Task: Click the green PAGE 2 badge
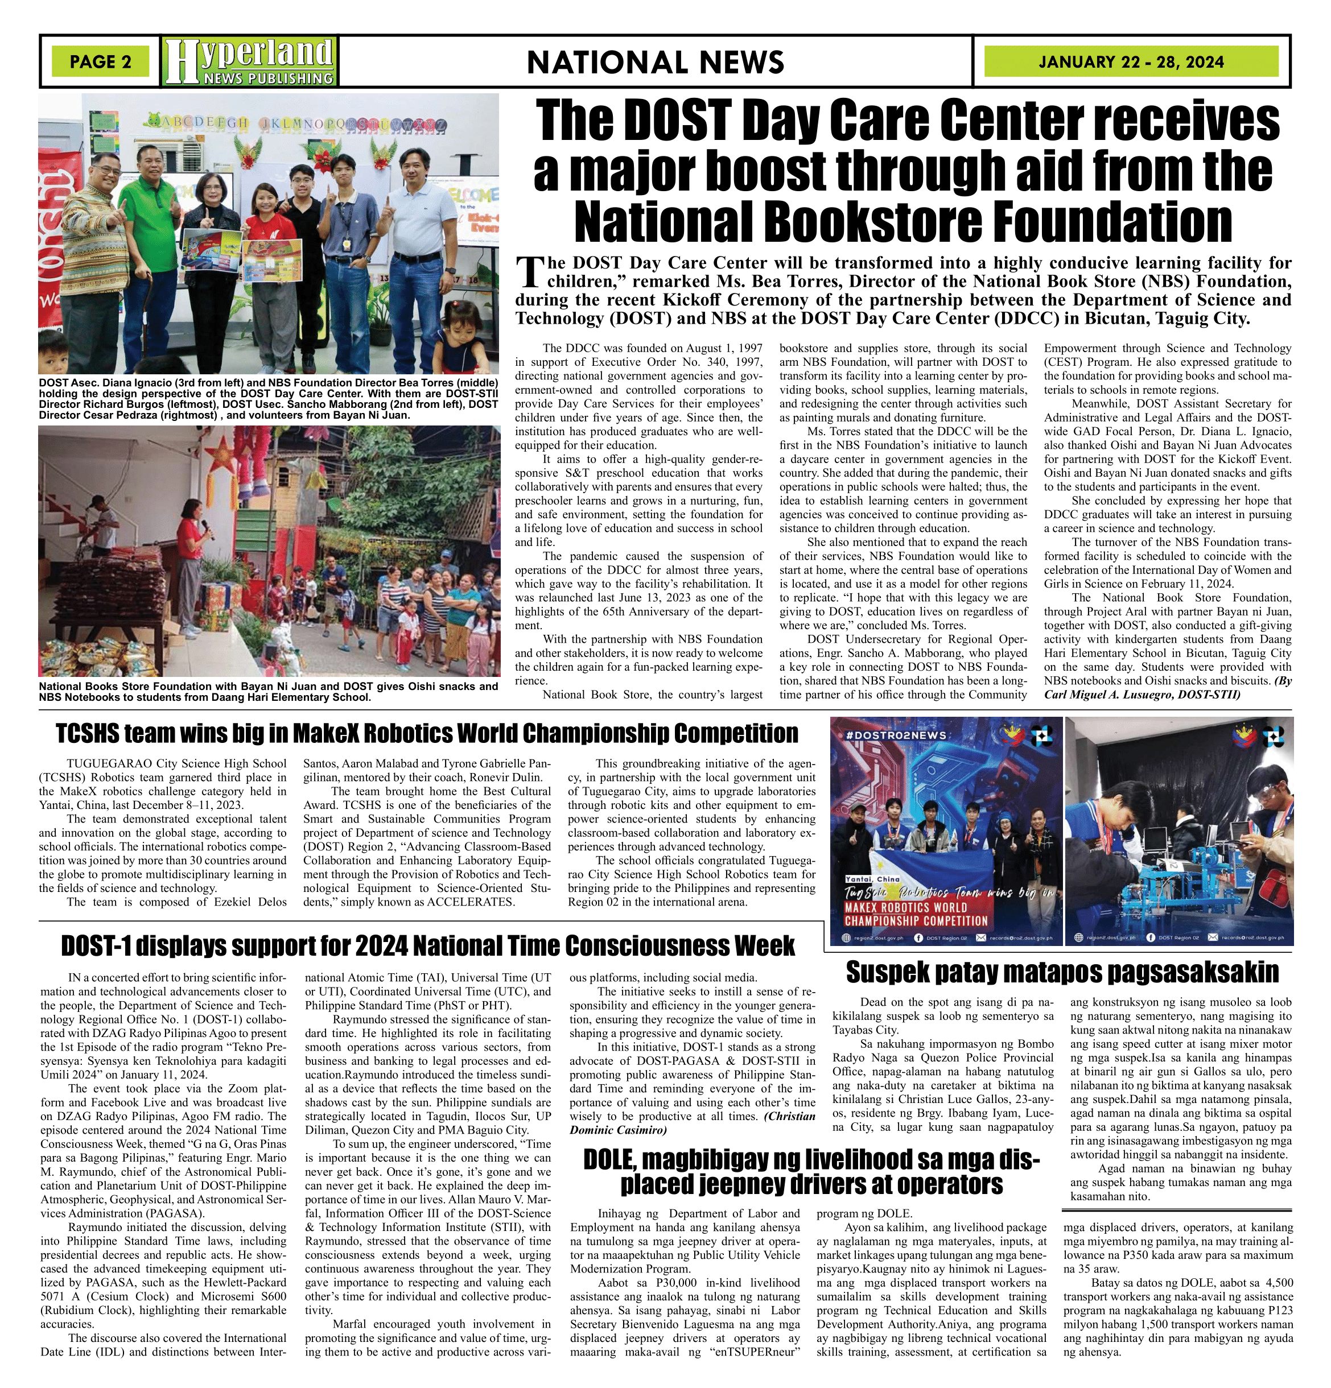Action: click(x=100, y=61)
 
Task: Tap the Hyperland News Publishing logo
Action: click(x=249, y=61)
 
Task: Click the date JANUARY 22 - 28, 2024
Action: click(x=1131, y=61)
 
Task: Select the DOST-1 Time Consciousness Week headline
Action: click(x=427, y=945)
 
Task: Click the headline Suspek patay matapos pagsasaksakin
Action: click(x=1062, y=972)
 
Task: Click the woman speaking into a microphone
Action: click(x=191, y=538)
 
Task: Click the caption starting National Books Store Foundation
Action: click(x=269, y=691)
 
